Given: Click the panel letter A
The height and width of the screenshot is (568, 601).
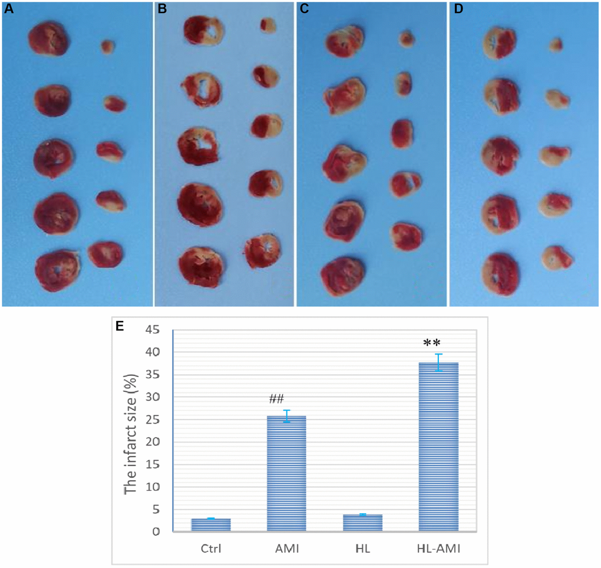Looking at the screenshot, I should click(8, 9).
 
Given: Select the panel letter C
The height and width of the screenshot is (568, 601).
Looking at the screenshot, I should click(303, 9).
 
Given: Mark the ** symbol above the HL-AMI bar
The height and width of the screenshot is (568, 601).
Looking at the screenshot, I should click(437, 342).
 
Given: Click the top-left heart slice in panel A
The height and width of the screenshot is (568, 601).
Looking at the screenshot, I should click(48, 38).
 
